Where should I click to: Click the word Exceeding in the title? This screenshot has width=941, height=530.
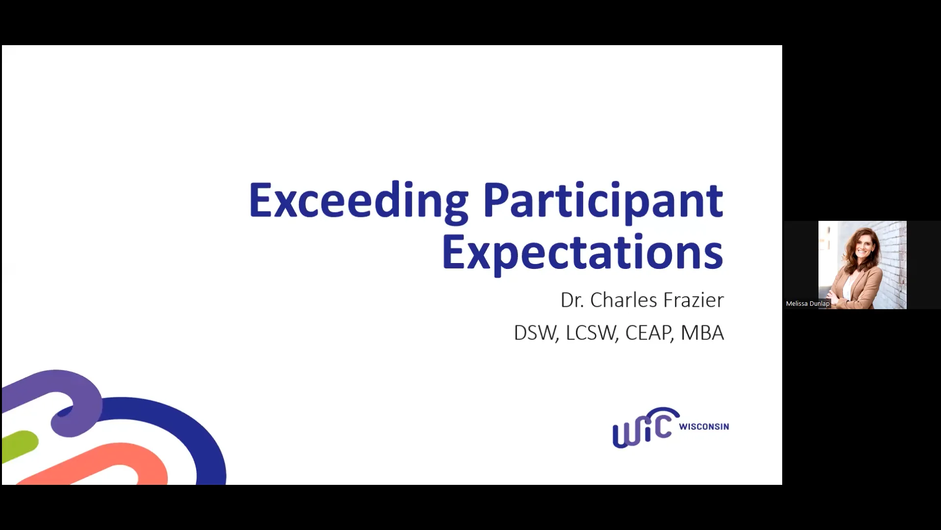(358, 201)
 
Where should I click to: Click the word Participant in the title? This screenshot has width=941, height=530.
(603, 201)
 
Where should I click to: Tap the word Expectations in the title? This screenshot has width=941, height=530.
(582, 253)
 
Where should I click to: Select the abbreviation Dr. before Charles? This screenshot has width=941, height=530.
(572, 300)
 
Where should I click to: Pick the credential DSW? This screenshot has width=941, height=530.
(535, 333)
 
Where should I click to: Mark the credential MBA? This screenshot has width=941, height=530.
(702, 333)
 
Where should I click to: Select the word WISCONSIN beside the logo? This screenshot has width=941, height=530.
(704, 426)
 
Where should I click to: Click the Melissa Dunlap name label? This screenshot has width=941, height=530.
(807, 304)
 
